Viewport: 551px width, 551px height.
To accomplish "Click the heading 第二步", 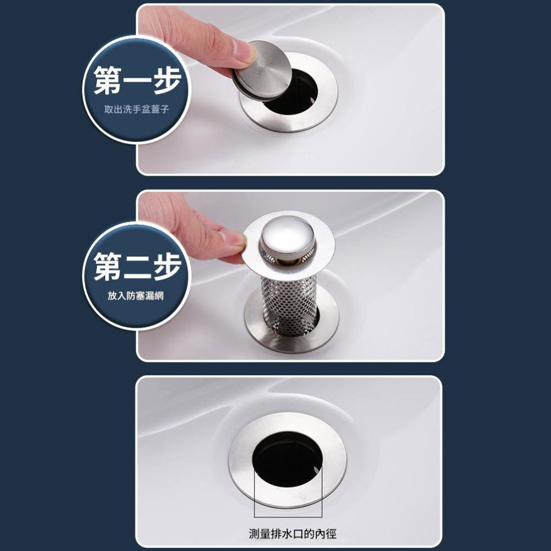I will click(137, 267).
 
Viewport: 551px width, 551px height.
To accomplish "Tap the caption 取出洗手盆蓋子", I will click(137, 111).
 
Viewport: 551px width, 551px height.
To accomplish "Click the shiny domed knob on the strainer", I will click(288, 234).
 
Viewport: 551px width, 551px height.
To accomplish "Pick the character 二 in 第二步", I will click(137, 267).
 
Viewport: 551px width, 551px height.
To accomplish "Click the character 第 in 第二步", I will click(107, 267).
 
